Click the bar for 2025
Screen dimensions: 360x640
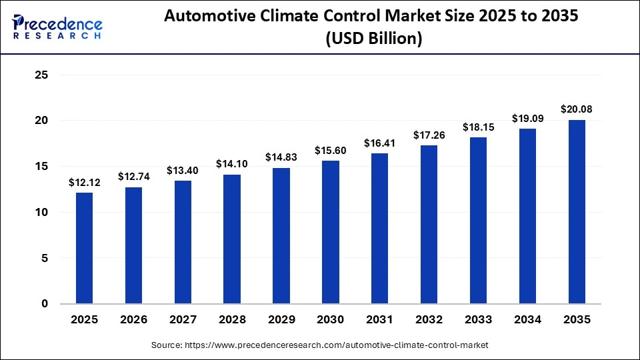84,248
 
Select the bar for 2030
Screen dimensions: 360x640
331,232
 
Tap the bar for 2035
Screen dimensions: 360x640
577,211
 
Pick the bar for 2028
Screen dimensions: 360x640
232,239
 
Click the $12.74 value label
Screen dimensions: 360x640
133,177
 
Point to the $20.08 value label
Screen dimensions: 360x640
577,109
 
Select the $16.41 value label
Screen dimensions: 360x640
380,143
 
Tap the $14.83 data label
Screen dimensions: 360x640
281,157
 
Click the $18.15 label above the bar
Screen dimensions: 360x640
478,127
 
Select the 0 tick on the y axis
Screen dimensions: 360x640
45,304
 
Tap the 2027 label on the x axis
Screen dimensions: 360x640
183,320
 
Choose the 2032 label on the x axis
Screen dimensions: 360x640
429,320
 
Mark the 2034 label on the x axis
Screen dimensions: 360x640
527,320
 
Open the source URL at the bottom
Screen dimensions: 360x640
319,345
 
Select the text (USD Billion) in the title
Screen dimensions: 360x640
373,39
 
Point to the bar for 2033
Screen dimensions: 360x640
478,220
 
